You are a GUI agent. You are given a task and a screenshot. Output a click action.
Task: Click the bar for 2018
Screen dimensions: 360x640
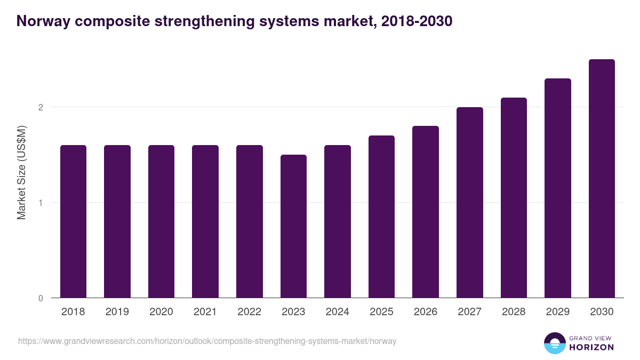click(73, 221)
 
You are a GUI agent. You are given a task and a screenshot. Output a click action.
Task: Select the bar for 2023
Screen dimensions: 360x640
click(293, 226)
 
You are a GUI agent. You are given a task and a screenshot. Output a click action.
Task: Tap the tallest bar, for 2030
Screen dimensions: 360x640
click(602, 179)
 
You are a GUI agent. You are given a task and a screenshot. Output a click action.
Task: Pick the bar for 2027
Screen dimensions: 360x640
click(470, 203)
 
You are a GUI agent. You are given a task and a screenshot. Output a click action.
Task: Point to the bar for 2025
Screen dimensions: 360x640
click(381, 217)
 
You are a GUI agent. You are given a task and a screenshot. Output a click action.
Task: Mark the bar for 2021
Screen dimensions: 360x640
click(205, 221)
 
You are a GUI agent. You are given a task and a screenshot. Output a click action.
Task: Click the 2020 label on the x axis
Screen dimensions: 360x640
click(161, 312)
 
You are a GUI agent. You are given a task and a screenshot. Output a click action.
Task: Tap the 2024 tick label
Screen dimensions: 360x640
click(337, 312)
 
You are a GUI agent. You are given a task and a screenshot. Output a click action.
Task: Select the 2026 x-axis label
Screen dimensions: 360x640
click(426, 312)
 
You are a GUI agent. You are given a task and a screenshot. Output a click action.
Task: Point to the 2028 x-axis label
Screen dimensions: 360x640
click(514, 312)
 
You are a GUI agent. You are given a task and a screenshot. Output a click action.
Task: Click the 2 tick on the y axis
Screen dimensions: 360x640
click(41, 107)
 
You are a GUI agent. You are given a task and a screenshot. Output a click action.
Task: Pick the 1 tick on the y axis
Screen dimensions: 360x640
click(41, 203)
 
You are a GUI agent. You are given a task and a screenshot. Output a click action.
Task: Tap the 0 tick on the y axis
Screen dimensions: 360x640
click(41, 298)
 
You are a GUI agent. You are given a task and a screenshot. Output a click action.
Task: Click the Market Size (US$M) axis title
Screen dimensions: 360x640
click(22, 173)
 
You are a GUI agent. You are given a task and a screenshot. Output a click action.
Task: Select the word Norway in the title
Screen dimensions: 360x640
click(41, 21)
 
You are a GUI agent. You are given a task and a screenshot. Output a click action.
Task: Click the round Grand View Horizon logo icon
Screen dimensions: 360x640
click(554, 343)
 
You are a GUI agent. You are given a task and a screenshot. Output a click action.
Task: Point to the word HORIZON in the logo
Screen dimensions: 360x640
click(592, 347)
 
